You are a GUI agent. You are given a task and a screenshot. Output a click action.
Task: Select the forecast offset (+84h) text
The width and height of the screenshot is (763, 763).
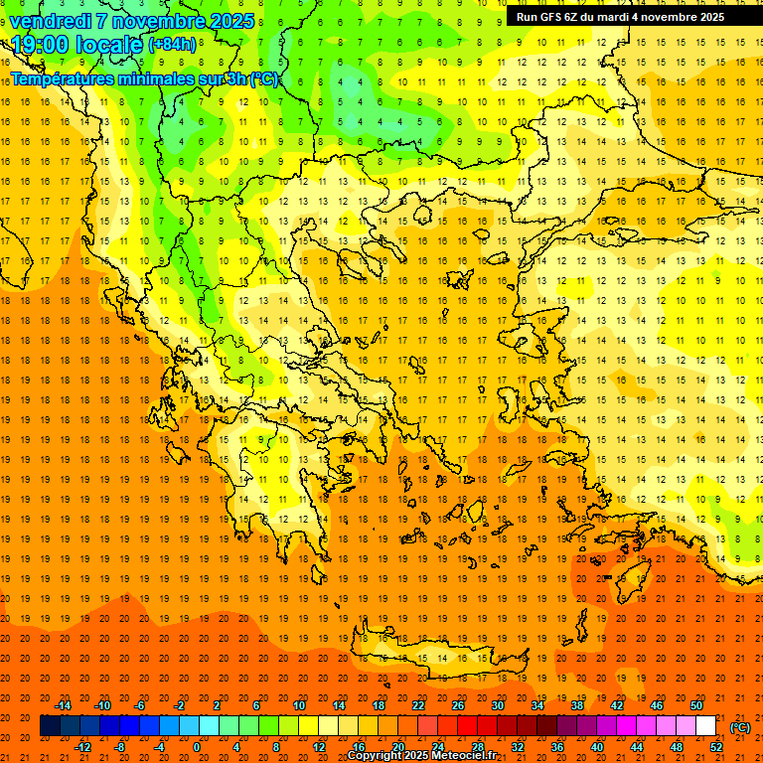(172, 45)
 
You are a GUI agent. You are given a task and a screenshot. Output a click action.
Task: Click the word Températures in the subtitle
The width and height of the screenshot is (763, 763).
(61, 78)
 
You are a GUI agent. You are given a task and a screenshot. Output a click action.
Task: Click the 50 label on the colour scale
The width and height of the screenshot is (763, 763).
(696, 705)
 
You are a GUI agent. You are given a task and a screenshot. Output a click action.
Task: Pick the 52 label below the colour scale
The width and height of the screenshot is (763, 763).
(716, 747)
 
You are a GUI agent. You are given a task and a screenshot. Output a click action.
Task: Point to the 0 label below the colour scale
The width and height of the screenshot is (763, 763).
(197, 747)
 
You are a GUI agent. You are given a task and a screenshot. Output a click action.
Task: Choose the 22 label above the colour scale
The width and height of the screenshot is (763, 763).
(418, 705)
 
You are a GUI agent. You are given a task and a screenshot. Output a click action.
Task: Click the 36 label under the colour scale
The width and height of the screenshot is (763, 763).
(557, 747)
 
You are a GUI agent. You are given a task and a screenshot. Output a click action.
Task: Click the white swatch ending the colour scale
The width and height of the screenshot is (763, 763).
(706, 726)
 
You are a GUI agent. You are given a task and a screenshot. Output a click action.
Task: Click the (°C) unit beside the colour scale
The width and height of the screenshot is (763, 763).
(739, 727)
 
